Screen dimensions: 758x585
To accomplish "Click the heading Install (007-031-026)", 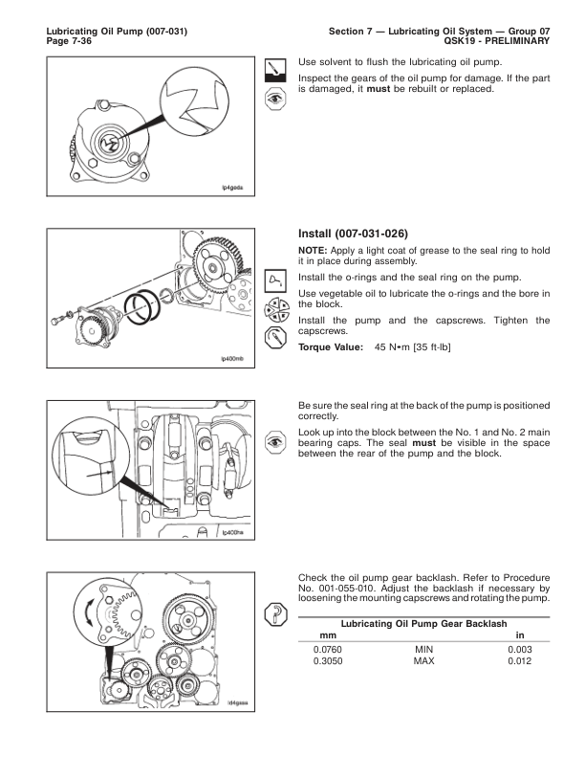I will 356,232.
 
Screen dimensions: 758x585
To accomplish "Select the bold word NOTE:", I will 315,250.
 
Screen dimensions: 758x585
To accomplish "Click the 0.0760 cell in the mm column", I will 329,651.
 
